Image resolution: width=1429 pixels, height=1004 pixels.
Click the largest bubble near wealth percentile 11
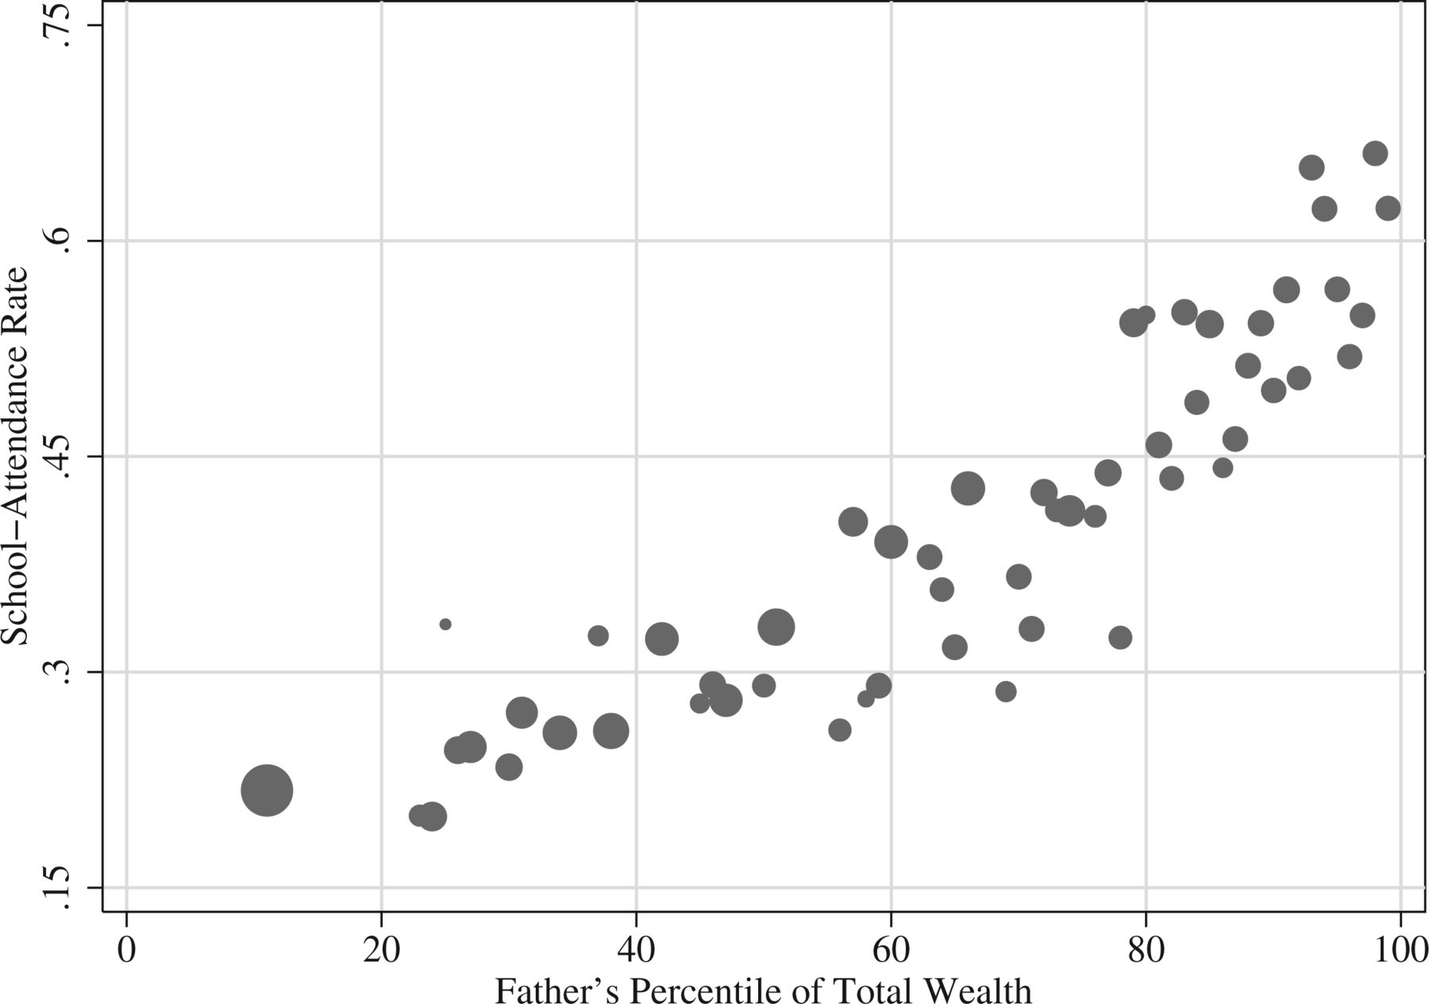(267, 790)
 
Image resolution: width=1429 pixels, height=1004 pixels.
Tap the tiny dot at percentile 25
(445, 624)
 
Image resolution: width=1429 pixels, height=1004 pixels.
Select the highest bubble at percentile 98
(1375, 153)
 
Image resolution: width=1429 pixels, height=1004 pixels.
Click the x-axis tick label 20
(381, 950)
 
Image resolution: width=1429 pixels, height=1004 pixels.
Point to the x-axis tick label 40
(636, 950)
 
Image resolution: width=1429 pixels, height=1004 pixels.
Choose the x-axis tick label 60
(891, 950)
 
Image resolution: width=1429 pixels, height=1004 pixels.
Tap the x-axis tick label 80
(1146, 950)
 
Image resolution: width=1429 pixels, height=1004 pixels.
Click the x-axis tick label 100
(1399, 950)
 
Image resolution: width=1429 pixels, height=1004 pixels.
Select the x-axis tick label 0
(126, 950)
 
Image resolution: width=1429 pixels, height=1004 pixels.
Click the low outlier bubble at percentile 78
(1119, 637)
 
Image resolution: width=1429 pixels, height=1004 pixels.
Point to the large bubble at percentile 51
(776, 627)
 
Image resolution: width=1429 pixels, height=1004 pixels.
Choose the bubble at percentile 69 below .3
(1006, 691)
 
